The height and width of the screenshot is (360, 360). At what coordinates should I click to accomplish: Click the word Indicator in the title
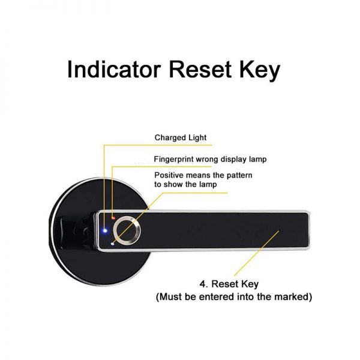click(x=113, y=70)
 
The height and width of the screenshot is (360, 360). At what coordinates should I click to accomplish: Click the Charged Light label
click(x=181, y=137)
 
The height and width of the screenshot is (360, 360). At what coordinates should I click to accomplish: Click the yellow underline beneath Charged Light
click(x=156, y=144)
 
